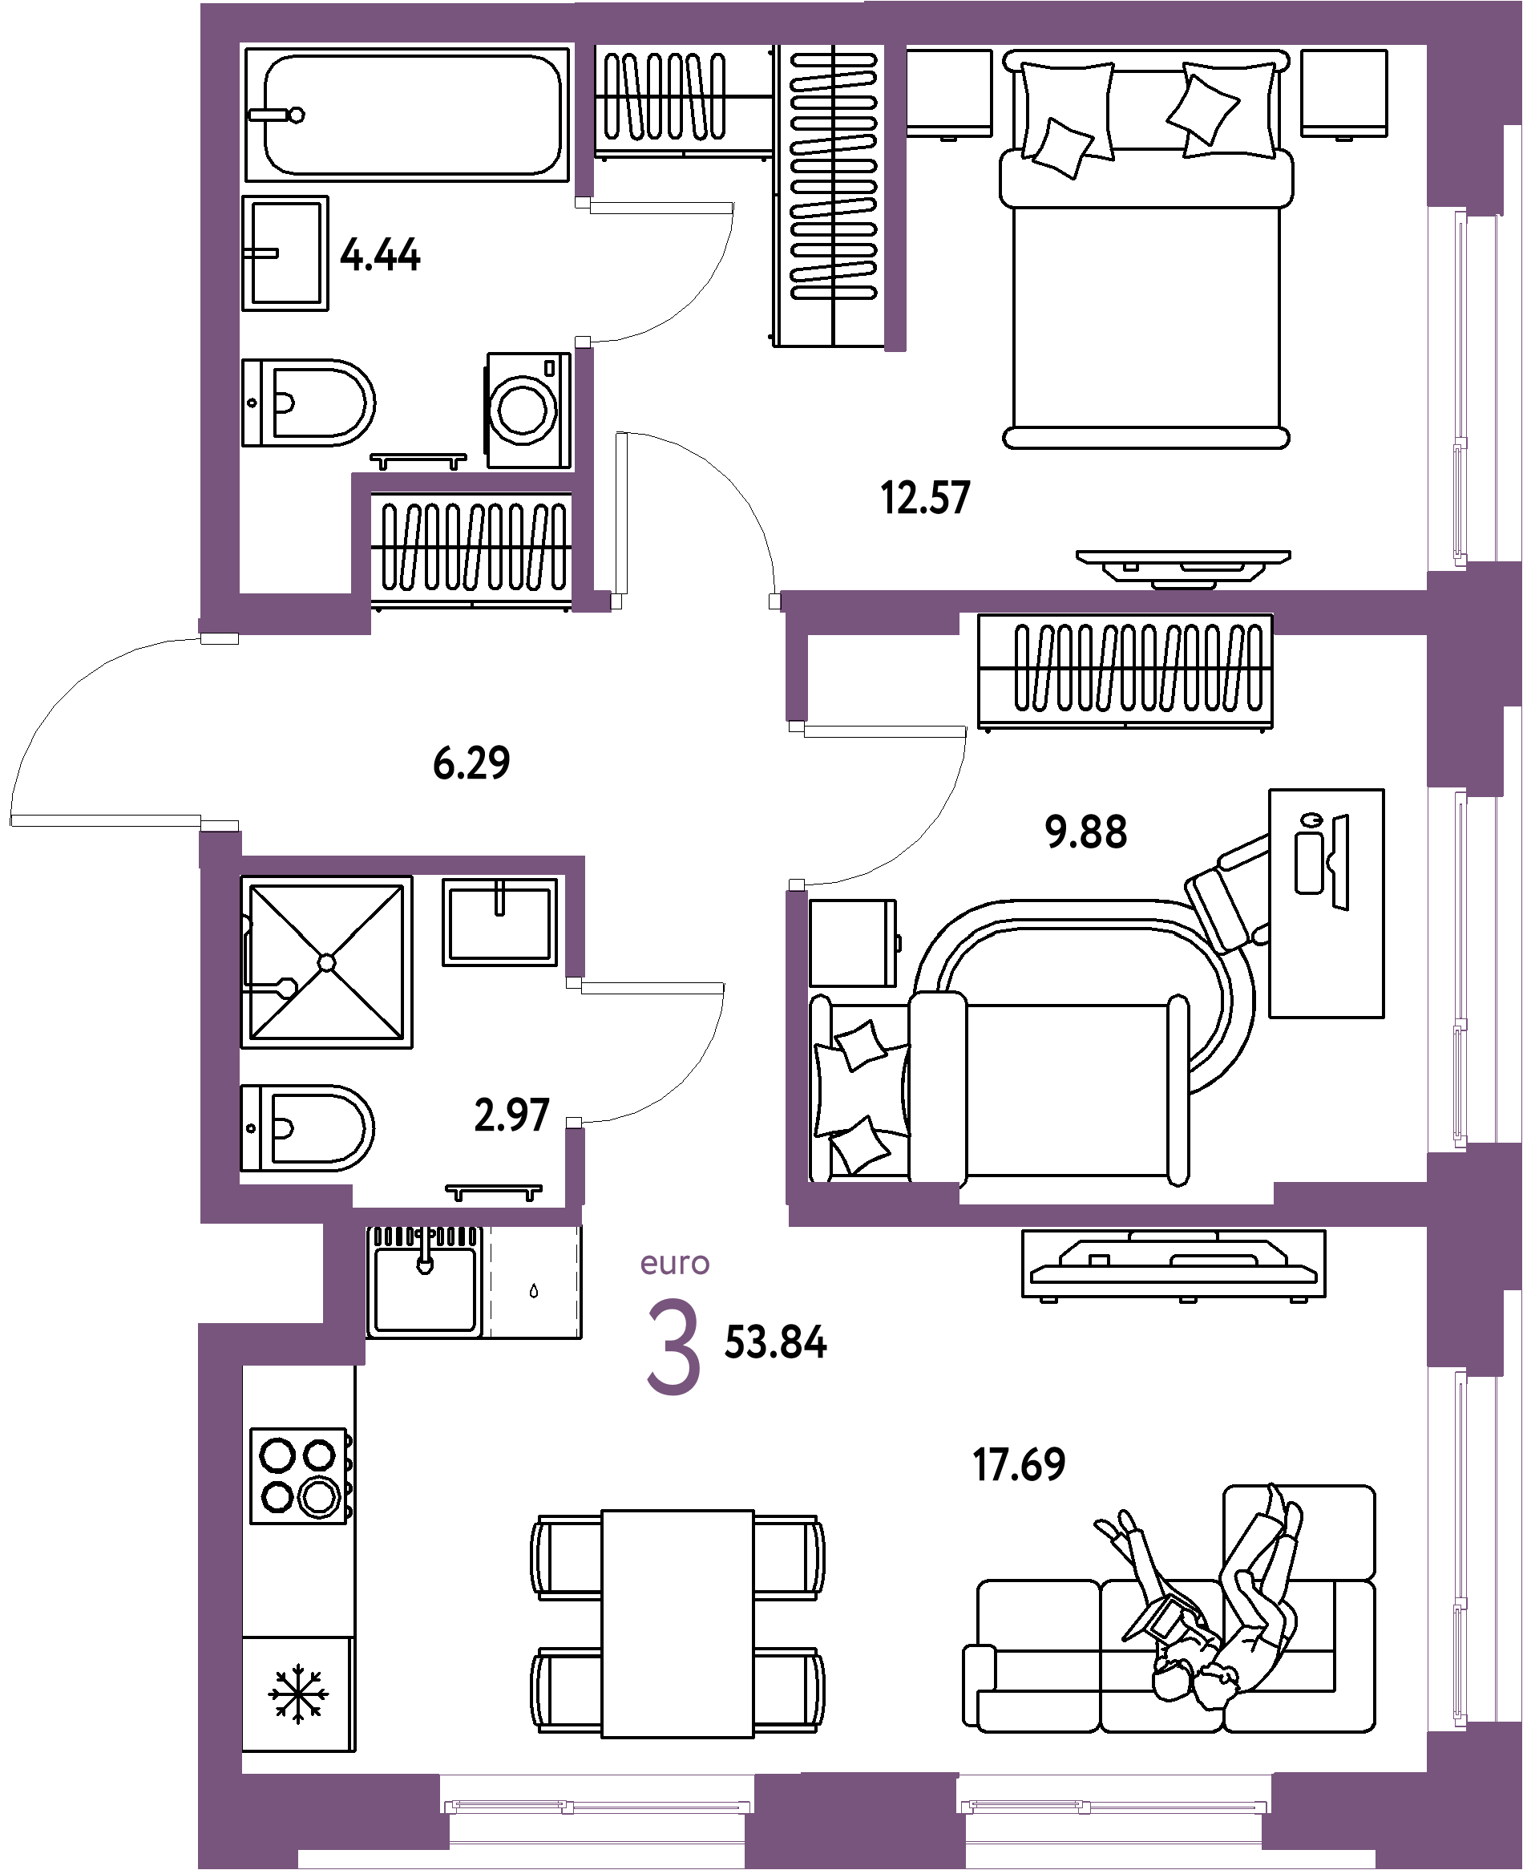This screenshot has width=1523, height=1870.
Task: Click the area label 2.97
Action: (511, 1115)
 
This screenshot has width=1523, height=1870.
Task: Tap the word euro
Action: (675, 1264)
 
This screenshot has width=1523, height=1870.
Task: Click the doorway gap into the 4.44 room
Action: (584, 272)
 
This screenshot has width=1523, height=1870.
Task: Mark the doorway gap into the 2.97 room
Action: (575, 1053)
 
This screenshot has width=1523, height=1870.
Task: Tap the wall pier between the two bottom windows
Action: (855, 1816)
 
